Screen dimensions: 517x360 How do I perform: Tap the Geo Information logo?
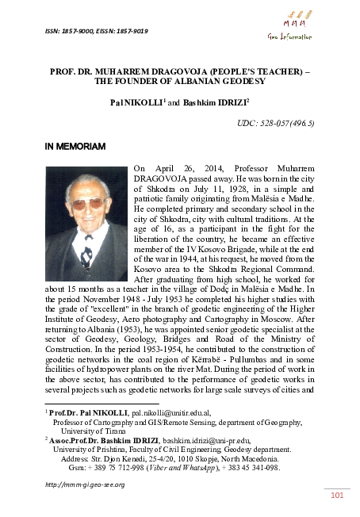tap(296, 26)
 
